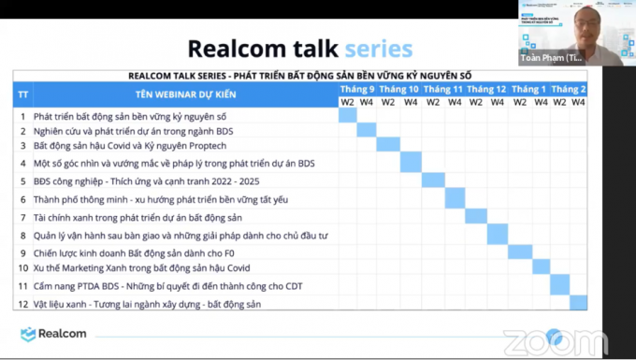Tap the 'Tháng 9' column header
356,89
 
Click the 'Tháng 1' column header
529,89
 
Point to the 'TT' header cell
22,94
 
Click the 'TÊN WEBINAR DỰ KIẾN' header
185,94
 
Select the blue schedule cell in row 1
347,116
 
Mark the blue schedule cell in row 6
455,199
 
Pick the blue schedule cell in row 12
578,303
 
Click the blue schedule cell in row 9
519,252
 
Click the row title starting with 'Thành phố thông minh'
161,199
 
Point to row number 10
22,268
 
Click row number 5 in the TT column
22,181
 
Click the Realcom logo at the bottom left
53,334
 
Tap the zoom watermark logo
542,340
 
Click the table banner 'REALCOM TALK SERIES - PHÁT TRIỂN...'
299,76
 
